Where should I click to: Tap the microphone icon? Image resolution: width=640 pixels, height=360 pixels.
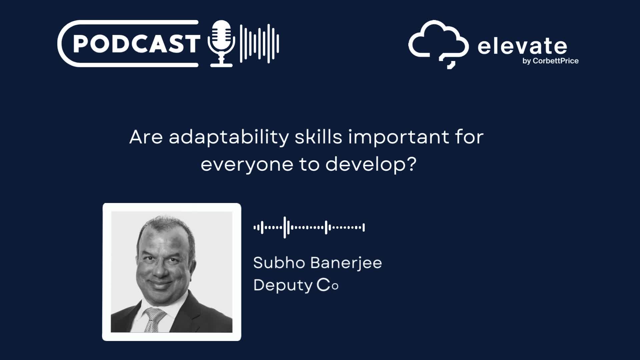(221, 44)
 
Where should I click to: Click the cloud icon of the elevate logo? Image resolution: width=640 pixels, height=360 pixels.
(439, 44)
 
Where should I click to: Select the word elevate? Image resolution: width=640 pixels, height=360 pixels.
(522, 46)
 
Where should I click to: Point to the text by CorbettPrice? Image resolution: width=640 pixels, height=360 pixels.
(550, 61)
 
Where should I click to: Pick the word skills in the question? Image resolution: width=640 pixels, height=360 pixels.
(319, 137)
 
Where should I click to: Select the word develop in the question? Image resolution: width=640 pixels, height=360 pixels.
(366, 164)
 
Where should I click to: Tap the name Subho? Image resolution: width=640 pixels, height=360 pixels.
(279, 263)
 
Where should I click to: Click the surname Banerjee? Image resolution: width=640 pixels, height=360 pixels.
(346, 263)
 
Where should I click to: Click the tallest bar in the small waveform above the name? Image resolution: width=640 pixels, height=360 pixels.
(285, 227)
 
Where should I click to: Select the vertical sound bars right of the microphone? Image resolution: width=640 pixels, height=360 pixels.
(259, 44)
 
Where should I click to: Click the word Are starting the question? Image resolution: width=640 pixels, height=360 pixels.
(146, 137)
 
